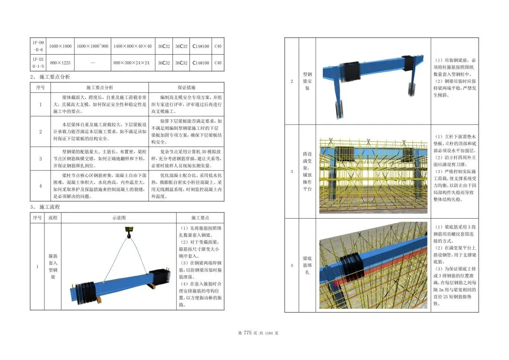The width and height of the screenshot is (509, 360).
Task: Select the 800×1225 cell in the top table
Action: point(60,63)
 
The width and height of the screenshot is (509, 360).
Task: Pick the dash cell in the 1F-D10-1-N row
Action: point(93,63)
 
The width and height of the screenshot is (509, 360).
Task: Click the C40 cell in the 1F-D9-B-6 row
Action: point(217,46)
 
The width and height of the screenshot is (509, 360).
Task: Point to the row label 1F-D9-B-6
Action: point(38,46)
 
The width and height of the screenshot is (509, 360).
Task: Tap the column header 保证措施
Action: point(187,88)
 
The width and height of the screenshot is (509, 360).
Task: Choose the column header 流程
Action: point(53,218)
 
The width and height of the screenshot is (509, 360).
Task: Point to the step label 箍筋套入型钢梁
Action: point(53,267)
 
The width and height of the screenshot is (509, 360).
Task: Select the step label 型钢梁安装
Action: point(307,81)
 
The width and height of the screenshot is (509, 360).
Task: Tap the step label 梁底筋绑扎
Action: point(307,265)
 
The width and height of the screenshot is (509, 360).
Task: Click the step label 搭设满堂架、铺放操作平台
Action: point(307,171)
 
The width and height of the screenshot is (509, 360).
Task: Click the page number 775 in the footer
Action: point(248,333)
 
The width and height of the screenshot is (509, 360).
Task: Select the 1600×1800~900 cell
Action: point(93,46)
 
